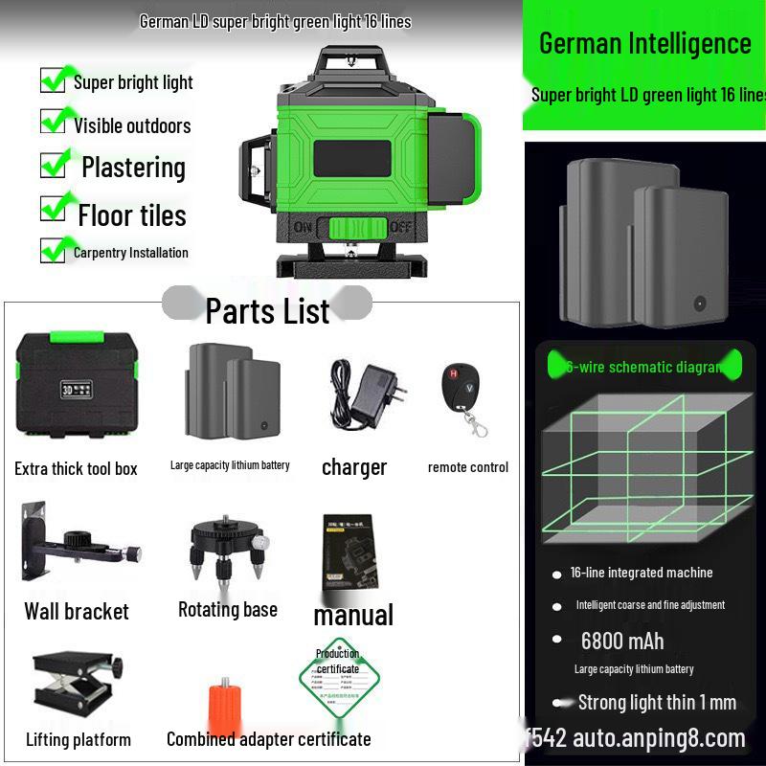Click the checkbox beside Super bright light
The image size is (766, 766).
54,80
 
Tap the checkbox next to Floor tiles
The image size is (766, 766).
54,209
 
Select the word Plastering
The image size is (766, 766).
133,168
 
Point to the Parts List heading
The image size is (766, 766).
267,310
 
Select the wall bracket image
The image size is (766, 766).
79,546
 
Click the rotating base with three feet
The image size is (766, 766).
227,551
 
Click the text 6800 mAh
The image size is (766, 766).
621,641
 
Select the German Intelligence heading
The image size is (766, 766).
644,43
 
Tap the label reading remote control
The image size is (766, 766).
468,467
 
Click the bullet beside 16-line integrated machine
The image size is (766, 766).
556,574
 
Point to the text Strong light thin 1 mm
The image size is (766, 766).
657,703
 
